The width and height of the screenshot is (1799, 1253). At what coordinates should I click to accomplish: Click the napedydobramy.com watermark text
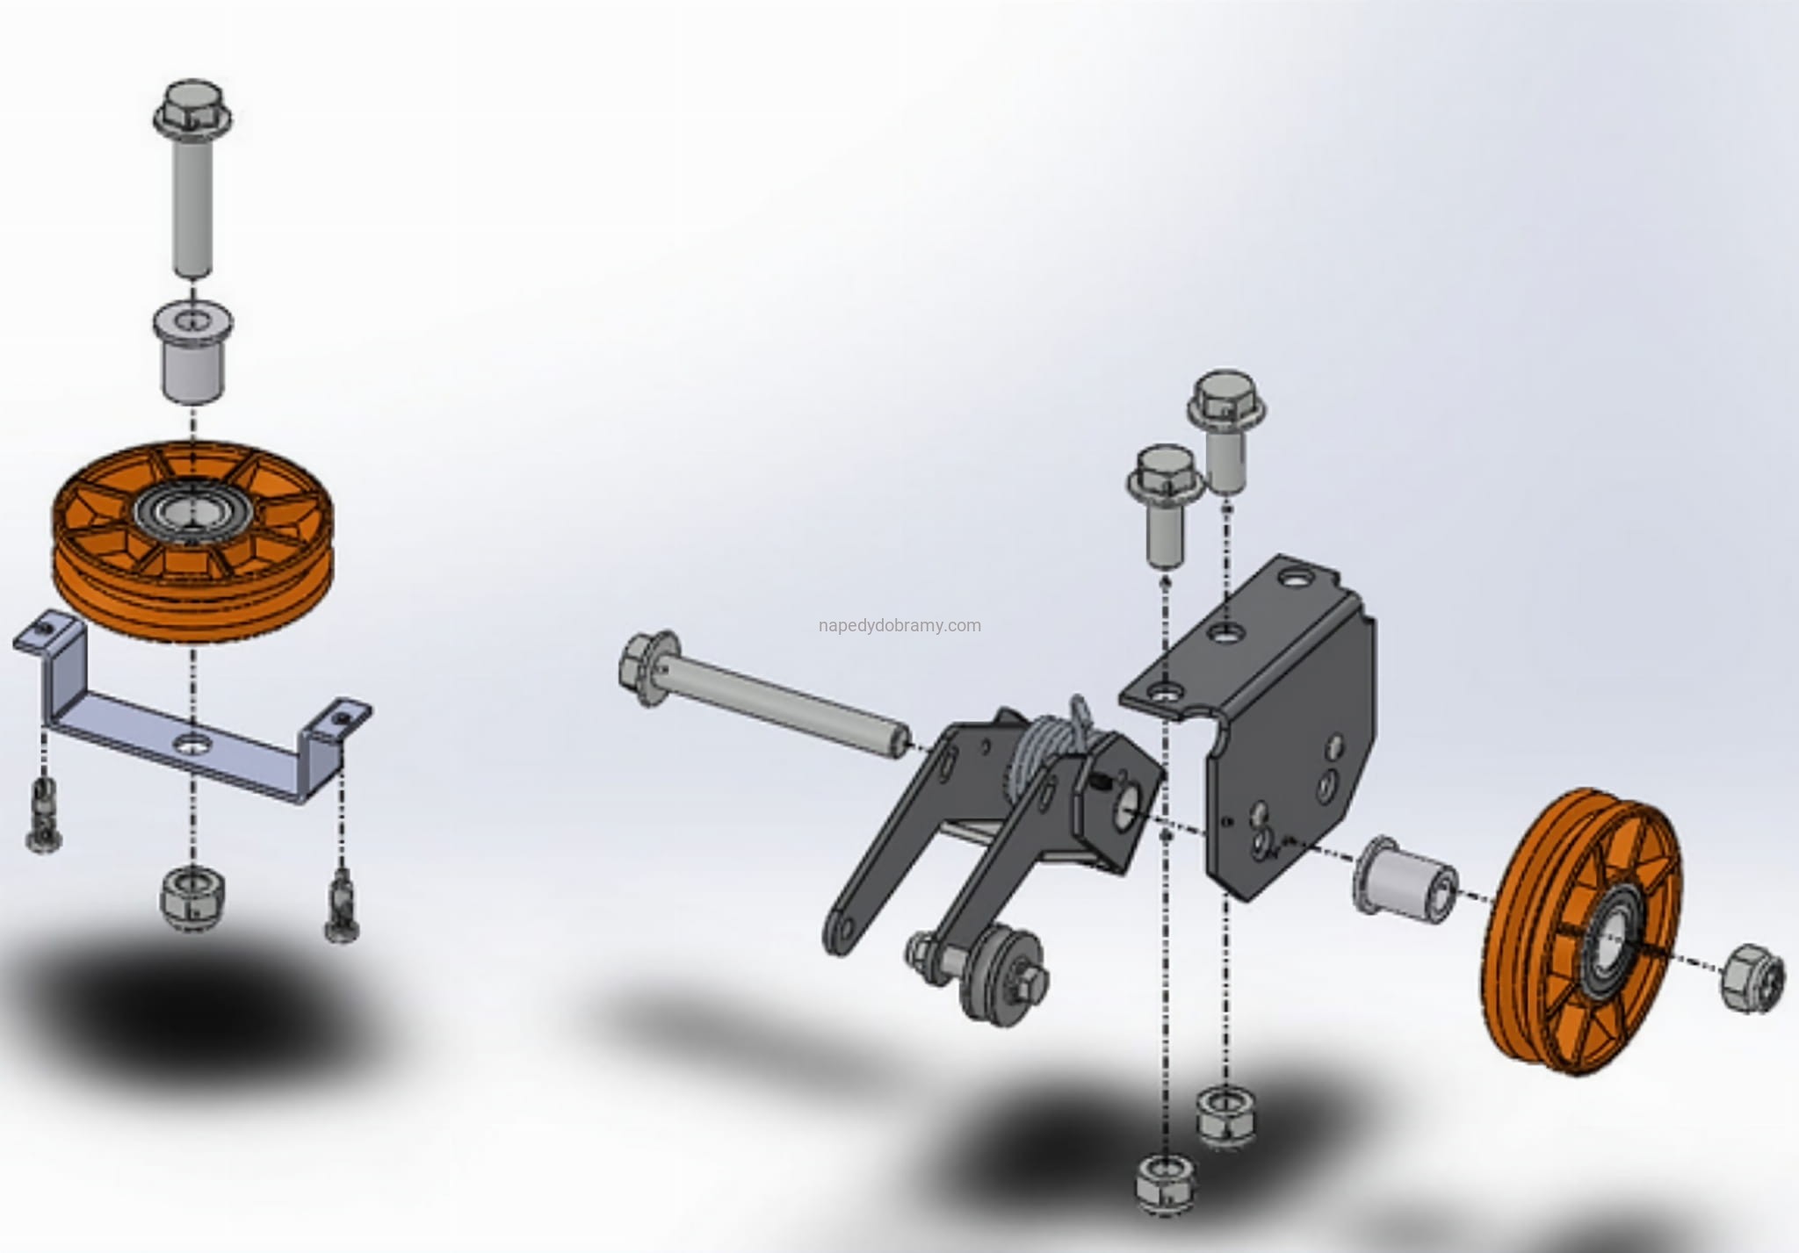coord(899,626)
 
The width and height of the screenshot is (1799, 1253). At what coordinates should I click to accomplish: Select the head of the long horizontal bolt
coord(649,667)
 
